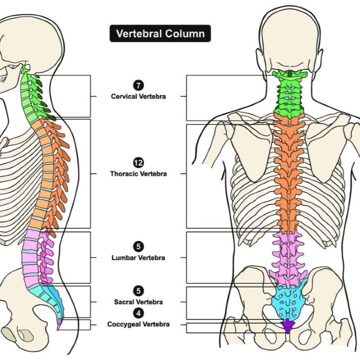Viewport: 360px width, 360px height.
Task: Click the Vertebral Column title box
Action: [x=160, y=33]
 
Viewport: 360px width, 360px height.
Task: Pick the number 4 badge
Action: [x=138, y=313]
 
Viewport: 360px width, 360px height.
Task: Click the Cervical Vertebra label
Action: [x=138, y=96]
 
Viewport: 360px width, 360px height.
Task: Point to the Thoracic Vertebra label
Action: [x=138, y=174]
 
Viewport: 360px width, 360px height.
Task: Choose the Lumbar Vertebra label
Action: [x=138, y=258]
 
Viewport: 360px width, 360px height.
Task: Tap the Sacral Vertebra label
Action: [x=138, y=302]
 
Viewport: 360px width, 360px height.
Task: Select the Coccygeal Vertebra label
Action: [x=138, y=324]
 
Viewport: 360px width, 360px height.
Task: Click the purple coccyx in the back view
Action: [x=287, y=325]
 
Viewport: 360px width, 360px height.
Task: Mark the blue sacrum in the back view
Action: [x=287, y=301]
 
